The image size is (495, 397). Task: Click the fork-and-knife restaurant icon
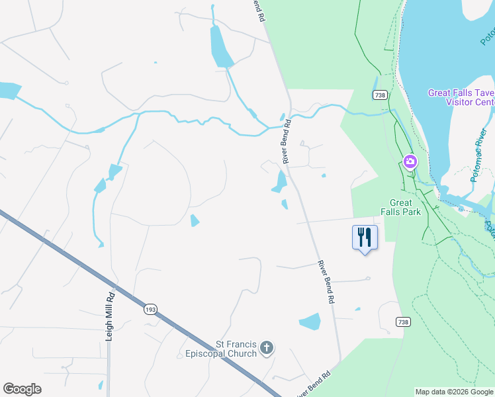click(365, 237)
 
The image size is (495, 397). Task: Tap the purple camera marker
click(410, 161)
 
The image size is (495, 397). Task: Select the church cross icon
click(266, 348)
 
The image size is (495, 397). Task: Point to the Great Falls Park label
click(400, 207)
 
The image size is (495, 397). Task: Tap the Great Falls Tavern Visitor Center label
click(461, 97)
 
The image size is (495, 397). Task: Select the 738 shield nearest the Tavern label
click(379, 95)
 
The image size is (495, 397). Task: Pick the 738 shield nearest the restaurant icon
click(403, 322)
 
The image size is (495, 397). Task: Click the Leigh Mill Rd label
click(111, 317)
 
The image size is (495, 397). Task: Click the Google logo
click(22, 389)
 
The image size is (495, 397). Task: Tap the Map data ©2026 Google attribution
click(454, 392)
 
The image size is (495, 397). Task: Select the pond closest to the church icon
click(310, 322)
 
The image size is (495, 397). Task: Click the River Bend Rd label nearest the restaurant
click(325, 282)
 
